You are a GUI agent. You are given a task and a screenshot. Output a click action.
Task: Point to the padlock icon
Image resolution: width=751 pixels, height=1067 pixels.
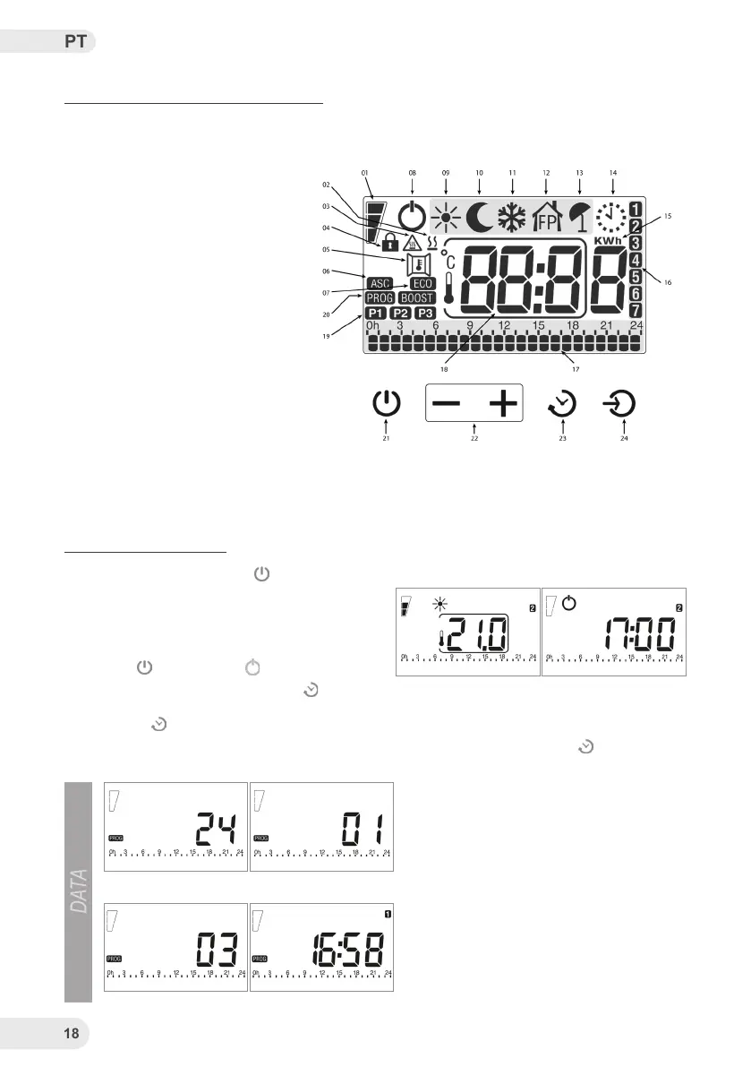pyautogui.click(x=389, y=241)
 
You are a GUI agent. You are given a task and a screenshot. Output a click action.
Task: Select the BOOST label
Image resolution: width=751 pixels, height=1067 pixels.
pyautogui.click(x=417, y=298)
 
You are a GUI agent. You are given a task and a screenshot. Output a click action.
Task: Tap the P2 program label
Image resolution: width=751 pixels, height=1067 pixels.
pyautogui.click(x=401, y=313)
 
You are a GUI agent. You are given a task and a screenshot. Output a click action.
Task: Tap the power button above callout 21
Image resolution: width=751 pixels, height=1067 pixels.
pyautogui.click(x=386, y=404)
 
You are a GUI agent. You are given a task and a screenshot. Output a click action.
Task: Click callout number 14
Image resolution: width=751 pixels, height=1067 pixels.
pyautogui.click(x=612, y=170)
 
